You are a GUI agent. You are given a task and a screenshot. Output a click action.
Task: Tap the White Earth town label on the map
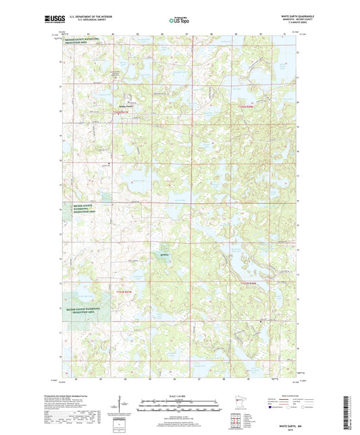(125, 107)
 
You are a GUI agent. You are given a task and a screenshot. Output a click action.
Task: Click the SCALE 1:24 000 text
(180, 396)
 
